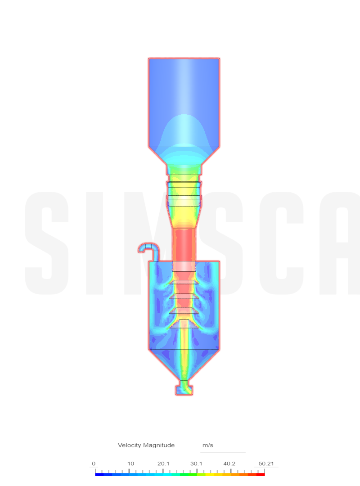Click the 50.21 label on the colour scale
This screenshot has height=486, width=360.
coord(266,463)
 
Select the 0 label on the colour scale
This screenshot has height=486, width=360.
coord(94,463)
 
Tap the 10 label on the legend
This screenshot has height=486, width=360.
coord(130,463)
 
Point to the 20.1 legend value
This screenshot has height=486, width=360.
coord(163,463)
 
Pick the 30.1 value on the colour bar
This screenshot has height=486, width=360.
coord(196,463)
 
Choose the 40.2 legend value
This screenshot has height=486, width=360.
coord(229,463)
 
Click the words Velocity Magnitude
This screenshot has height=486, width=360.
coord(146,445)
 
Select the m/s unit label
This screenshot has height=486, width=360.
coord(208,445)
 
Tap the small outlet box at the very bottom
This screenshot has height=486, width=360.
coord(184,390)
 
